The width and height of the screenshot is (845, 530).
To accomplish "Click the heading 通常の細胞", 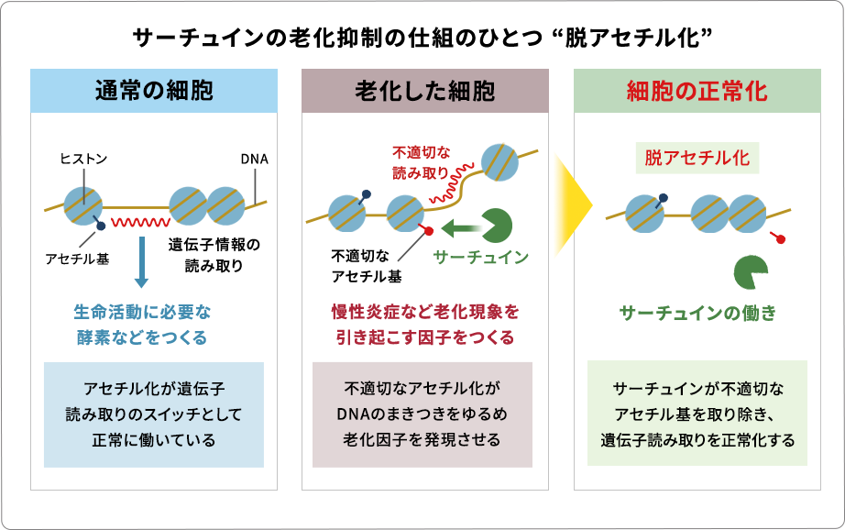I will (x=154, y=91).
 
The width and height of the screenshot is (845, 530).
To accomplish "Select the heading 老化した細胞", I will (x=425, y=91).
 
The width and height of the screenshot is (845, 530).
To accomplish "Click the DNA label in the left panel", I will (x=254, y=159).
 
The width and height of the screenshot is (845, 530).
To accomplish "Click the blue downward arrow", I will (x=141, y=261).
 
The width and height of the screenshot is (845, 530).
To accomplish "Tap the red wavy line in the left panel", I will (x=140, y=222).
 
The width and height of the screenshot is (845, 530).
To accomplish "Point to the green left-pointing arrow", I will (x=460, y=226).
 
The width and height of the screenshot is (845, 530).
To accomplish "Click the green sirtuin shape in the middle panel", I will (x=497, y=226).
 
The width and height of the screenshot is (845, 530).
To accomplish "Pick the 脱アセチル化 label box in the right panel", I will (x=697, y=158).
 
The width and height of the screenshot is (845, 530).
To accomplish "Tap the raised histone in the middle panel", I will (x=499, y=162).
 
